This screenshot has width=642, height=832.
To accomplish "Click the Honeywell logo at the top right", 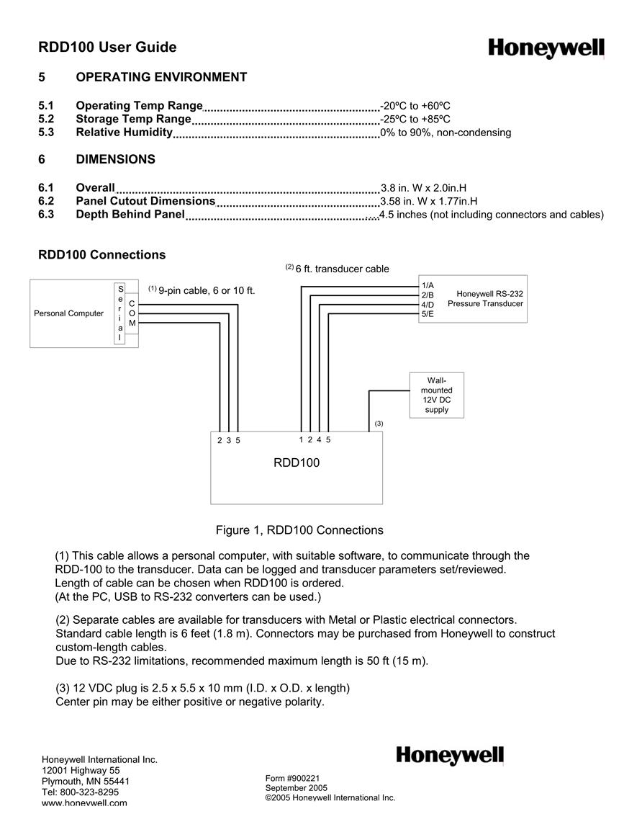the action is coord(546,48).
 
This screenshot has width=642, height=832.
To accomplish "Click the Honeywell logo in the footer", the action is coord(450,755).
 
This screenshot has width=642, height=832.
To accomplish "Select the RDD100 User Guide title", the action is coord(107,48).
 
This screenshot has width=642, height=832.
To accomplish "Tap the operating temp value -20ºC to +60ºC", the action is coord(415,106).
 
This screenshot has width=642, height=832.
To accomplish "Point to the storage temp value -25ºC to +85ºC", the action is coord(415,119).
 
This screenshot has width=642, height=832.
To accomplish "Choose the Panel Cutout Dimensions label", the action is coord(145,201).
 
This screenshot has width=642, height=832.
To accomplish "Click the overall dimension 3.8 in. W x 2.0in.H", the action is coord(424,188).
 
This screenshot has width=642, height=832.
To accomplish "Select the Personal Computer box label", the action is coord(69,313).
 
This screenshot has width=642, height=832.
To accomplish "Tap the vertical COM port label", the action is coord(132,313).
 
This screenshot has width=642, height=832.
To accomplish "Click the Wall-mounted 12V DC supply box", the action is coord(437,395).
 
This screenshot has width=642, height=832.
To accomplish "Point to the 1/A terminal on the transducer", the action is coord(428,285).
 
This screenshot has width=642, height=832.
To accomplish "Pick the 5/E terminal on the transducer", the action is coord(428,314).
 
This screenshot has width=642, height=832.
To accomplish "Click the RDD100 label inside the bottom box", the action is coord(297,462).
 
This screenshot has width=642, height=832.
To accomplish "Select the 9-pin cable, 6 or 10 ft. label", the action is coord(207,291).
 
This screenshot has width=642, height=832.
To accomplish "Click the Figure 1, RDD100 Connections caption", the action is coord(299,530).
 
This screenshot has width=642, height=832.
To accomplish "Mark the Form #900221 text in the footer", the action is coord(293,779).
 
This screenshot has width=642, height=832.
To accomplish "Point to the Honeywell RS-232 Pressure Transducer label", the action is coord(485,299).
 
